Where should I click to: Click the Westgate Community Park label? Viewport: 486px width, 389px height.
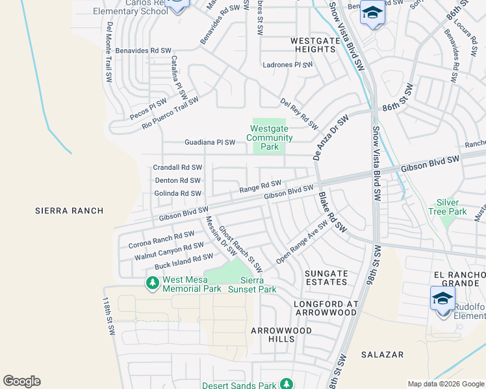pos(270,137)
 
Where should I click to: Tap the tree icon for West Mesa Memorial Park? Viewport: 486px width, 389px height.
pos(153,283)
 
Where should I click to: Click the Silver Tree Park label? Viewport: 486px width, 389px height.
pos(448,207)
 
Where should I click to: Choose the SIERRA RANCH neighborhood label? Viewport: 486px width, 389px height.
pos(70,211)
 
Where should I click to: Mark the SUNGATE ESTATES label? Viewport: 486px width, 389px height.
pos(326,277)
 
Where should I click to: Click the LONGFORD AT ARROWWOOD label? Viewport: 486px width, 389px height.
pos(325,308)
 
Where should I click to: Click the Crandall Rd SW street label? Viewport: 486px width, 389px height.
pos(177,167)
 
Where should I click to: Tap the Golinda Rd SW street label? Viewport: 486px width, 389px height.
pos(177,193)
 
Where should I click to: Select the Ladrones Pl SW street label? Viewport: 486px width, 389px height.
pos(287,65)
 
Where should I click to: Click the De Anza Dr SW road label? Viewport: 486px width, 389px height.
pos(331,137)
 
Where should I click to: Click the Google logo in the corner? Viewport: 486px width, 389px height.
pos(21,381)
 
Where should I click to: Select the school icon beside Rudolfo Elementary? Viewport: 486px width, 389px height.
pos(442,299)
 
